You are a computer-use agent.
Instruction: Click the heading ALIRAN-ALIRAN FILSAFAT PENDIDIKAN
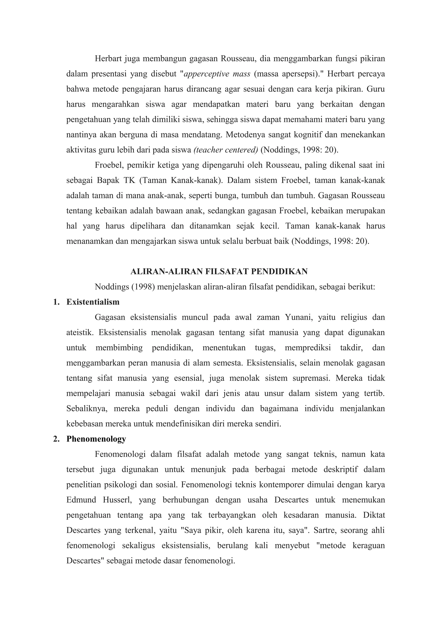(x=219, y=271)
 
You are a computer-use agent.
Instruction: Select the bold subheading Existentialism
(x=93, y=302)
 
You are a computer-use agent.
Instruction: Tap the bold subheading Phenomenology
(x=96, y=439)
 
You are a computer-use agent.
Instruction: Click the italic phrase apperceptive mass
(x=217, y=74)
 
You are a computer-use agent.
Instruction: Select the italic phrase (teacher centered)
(x=226, y=150)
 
